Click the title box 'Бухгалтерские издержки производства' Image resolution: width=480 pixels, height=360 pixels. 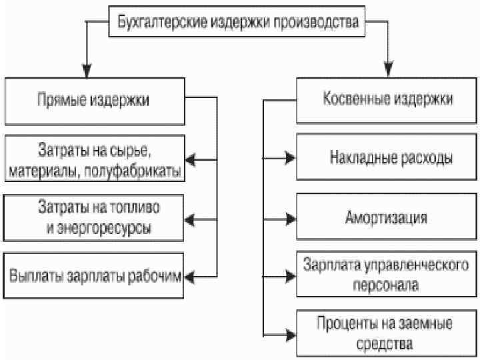point(238,21)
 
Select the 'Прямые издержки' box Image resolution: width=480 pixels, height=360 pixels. point(93,101)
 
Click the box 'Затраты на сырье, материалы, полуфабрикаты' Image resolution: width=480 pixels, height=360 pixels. point(93,159)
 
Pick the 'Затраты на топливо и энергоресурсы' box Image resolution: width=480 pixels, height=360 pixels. point(93,217)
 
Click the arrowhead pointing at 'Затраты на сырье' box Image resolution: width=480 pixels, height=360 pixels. point(191,159)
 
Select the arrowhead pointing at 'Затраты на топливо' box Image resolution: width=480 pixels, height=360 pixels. point(191,217)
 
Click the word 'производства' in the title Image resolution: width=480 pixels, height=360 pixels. point(325,21)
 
